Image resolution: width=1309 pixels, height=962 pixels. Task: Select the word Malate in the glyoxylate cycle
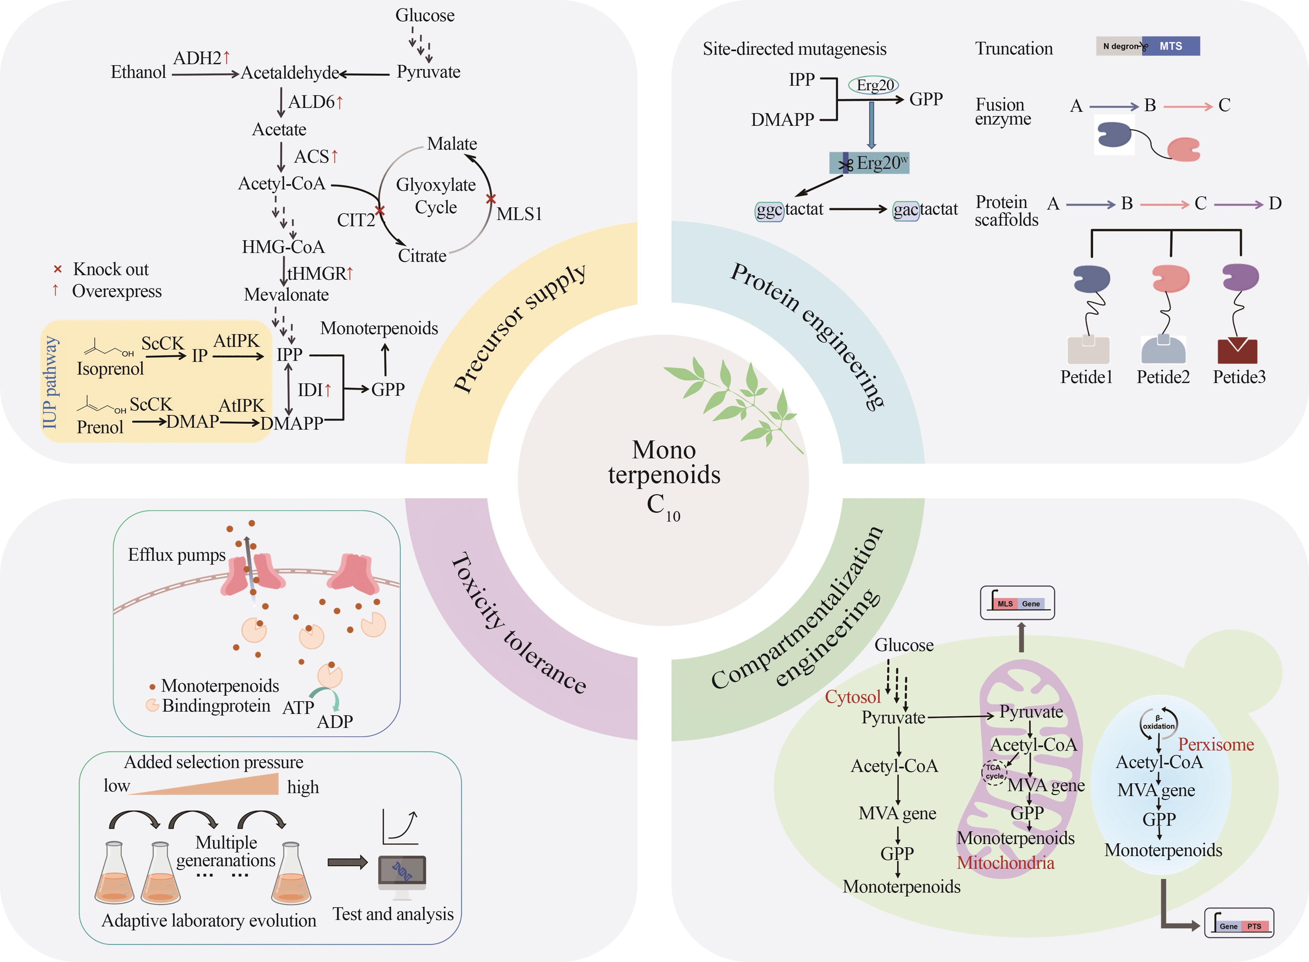(x=452, y=144)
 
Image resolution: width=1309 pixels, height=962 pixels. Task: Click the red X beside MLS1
(x=491, y=199)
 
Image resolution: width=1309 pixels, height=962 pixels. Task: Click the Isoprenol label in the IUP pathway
(x=110, y=369)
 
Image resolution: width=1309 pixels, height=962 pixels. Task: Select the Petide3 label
(x=1239, y=377)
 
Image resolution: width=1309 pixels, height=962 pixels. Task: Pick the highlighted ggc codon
(x=769, y=210)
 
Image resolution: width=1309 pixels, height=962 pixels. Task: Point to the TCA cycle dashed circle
(x=994, y=772)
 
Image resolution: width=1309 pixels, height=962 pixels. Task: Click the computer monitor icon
(x=402, y=872)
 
